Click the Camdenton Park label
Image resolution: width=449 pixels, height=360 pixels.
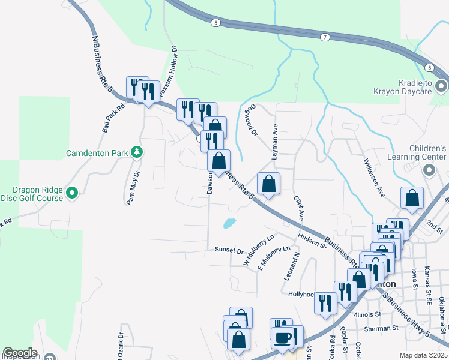97,152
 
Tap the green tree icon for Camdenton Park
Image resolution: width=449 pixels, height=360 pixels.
137,152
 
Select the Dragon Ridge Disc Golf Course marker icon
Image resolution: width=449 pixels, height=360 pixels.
72,193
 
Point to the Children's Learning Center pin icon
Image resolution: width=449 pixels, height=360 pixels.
429,171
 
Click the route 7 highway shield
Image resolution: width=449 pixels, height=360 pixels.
325,37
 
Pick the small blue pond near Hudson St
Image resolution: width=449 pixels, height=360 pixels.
229,224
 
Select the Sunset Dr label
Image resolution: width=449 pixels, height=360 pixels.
229,251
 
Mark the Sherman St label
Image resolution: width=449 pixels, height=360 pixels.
387,328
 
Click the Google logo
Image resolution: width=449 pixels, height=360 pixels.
20,353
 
